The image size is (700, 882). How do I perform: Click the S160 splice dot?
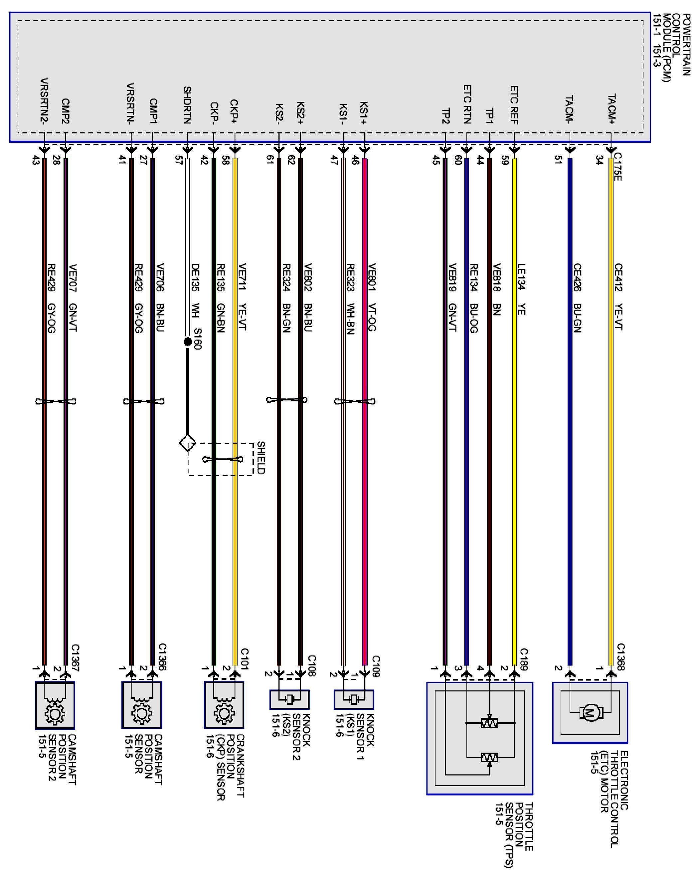tap(188, 341)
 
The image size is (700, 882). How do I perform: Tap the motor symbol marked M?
tap(590, 713)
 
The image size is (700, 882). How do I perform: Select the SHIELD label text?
tap(261, 457)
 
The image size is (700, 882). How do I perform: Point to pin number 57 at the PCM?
tap(178, 160)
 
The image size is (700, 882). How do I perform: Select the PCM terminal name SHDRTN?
tap(187, 105)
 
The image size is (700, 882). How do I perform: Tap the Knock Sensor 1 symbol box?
tap(354, 699)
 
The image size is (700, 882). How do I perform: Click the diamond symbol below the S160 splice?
tap(188, 443)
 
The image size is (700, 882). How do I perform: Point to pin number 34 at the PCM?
tap(599, 160)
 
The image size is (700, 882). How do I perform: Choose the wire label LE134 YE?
tap(521, 289)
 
